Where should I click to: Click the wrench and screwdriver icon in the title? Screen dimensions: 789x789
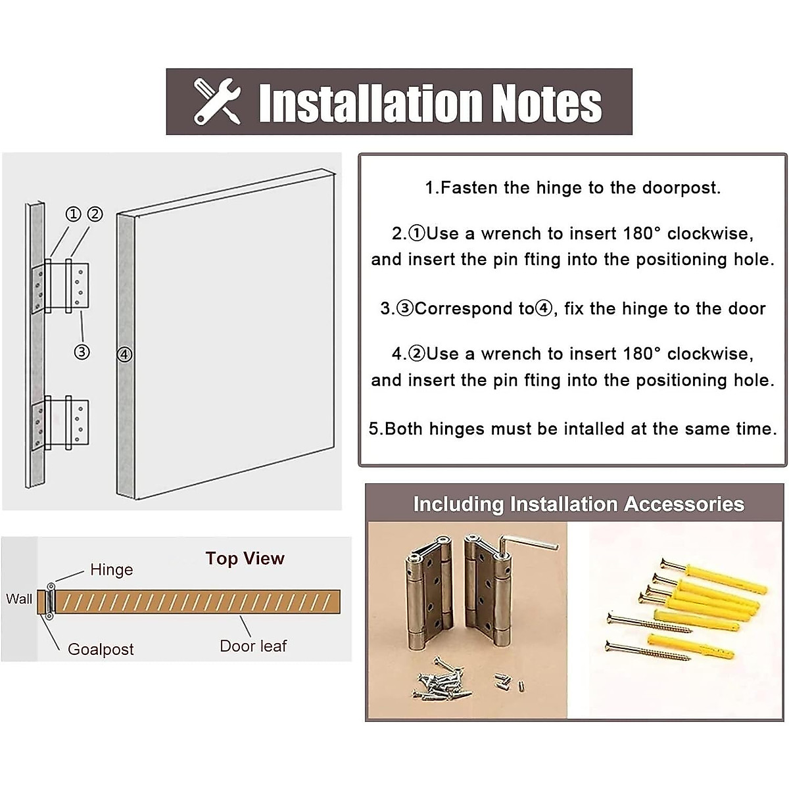point(217,101)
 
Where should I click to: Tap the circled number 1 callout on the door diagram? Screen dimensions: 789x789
point(73,214)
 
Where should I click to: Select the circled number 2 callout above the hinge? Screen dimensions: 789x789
point(95,214)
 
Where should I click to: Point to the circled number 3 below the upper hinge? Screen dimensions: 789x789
point(82,352)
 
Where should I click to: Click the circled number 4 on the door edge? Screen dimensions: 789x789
point(124,355)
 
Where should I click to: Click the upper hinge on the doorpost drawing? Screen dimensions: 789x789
point(61,286)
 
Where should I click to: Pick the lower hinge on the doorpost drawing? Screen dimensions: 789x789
point(61,423)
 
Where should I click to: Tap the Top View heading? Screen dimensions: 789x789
point(245,559)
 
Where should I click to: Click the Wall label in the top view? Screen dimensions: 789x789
point(18,599)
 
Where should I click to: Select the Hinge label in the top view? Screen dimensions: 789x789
point(111,570)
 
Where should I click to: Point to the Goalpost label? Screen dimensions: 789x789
point(101,650)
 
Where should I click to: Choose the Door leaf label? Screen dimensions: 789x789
point(253,646)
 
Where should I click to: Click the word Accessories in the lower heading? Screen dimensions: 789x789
point(684,504)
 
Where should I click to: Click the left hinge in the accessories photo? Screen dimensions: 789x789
point(427,592)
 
